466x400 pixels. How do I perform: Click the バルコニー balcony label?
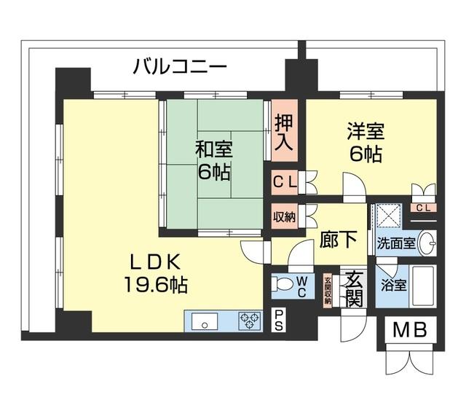[180, 68]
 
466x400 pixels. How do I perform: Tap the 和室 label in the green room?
[213, 150]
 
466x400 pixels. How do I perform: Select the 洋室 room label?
[365, 133]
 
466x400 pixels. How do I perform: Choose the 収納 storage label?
[284, 216]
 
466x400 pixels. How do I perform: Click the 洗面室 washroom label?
[396, 243]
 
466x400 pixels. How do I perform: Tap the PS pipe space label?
[280, 320]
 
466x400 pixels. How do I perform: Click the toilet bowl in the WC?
[280, 285]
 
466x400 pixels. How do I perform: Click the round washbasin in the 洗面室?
[430, 242]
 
